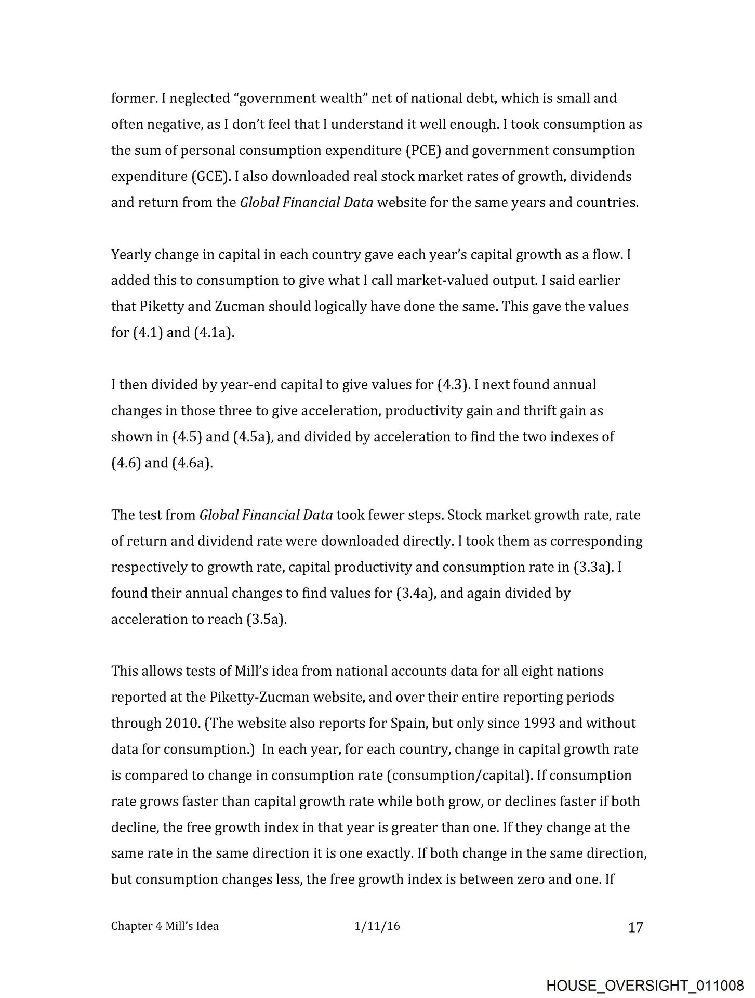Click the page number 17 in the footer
point(635,927)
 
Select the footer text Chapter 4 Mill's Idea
point(165,926)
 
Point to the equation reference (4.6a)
point(192,463)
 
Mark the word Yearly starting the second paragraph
point(130,255)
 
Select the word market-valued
point(440,281)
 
